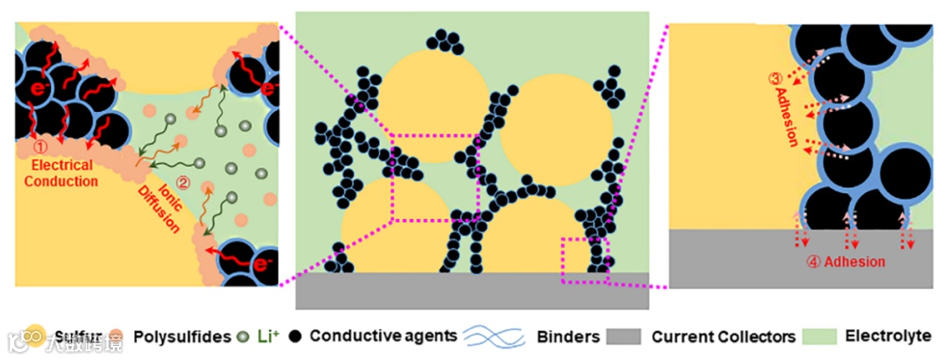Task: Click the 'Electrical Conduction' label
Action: (x=62, y=173)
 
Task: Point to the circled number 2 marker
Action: (x=182, y=183)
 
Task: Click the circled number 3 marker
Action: (x=774, y=78)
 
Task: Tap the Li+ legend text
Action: (x=267, y=335)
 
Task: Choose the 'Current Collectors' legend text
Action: (x=724, y=335)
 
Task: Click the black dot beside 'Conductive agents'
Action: (x=297, y=335)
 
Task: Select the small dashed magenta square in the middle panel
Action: (x=583, y=260)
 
